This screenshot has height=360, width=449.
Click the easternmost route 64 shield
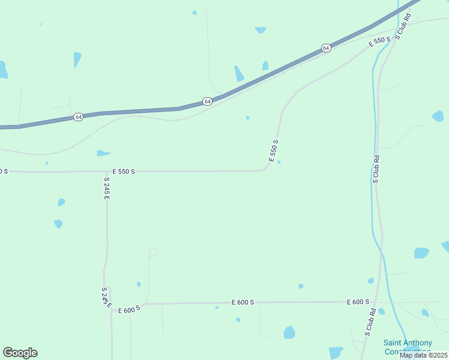325,47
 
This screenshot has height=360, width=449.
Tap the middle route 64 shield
207,101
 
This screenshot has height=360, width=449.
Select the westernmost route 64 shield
79,116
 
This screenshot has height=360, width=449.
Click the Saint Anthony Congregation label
408,347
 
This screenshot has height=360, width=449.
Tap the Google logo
20,353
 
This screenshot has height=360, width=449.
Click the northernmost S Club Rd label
402,26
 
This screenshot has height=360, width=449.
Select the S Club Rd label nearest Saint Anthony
370,322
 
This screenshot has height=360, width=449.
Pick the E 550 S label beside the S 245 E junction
124,171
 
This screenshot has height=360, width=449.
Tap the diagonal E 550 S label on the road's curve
274,151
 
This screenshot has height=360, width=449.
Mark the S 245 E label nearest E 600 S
106,297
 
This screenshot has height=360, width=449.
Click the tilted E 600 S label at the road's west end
129,309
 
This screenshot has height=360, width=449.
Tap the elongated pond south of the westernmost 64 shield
103,153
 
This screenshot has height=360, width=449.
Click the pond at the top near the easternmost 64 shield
260,29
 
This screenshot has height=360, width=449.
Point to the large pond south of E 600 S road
289,332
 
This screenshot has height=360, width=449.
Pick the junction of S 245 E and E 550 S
107,172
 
